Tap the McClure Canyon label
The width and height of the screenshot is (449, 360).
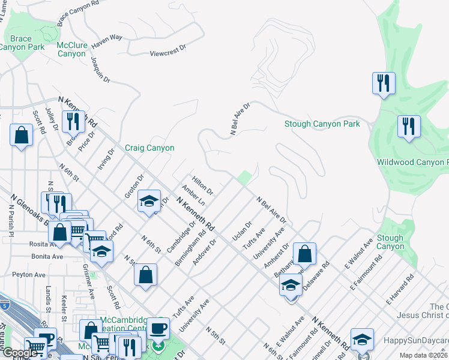pyautogui.click(x=71, y=49)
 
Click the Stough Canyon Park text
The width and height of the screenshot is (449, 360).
pyautogui.click(x=322, y=124)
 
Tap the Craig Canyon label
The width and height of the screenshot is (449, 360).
pyautogui.click(x=149, y=148)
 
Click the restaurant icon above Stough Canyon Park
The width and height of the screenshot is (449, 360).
pyautogui.click(x=384, y=83)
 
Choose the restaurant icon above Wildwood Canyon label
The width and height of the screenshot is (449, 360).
pyautogui.click(x=409, y=125)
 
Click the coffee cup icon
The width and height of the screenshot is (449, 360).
pyautogui.click(x=158, y=328)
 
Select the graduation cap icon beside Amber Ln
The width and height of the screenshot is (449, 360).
pyautogui.click(x=149, y=201)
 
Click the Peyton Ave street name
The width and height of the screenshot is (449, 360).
pyautogui.click(x=29, y=275)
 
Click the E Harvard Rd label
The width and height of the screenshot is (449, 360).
pyautogui.click(x=401, y=289)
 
